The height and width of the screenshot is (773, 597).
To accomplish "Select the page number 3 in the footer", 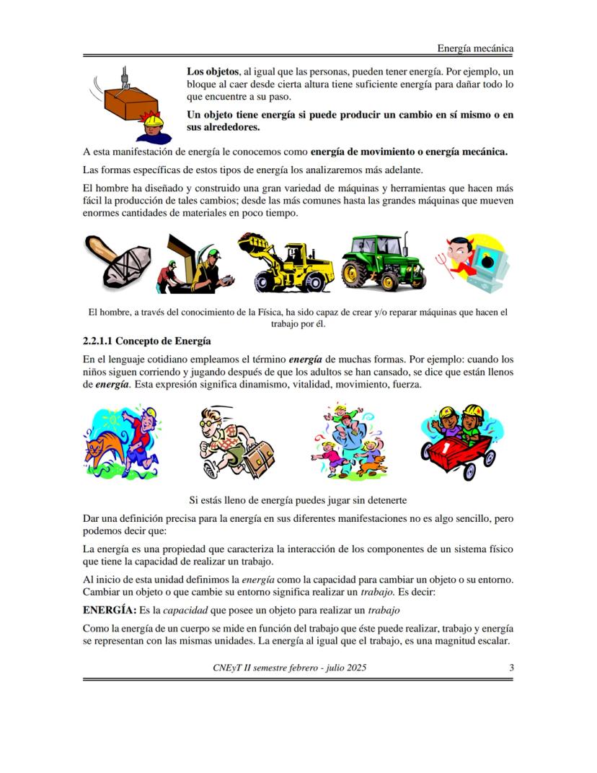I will [x=511, y=668].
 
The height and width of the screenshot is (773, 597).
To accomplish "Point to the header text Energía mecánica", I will [x=475, y=48].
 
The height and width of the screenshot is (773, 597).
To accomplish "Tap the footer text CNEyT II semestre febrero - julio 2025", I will [x=289, y=668].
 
